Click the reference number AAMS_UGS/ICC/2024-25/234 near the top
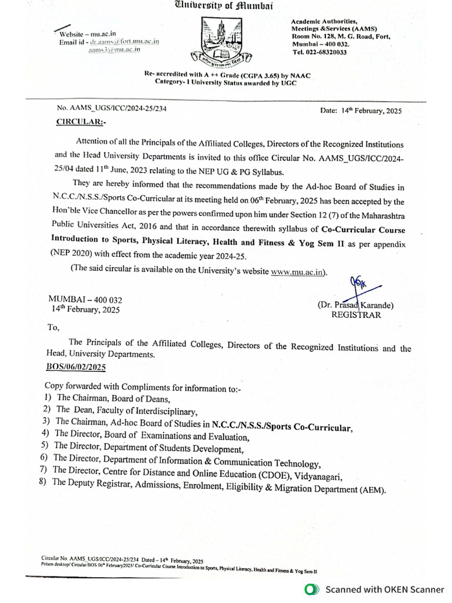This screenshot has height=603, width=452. (x=111, y=109)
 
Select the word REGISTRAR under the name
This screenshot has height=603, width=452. (x=356, y=315)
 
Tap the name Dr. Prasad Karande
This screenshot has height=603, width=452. (x=355, y=305)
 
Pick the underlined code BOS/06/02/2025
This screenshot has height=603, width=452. (x=75, y=367)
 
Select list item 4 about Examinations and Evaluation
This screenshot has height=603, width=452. (x=152, y=436)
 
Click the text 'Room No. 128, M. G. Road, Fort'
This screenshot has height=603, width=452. (x=341, y=37)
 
